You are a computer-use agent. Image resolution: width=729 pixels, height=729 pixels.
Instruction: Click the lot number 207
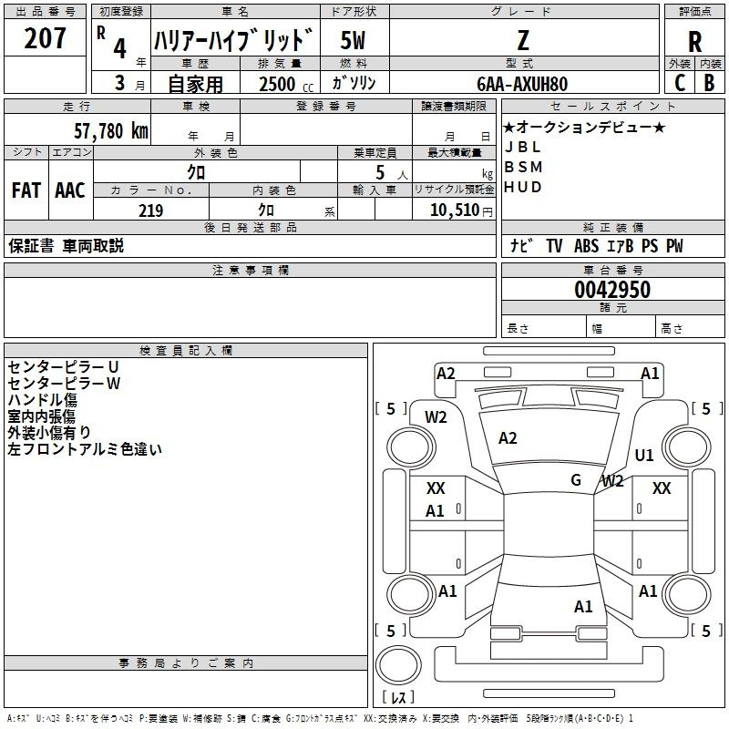click(46, 39)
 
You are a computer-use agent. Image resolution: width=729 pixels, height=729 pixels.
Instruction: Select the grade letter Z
click(523, 40)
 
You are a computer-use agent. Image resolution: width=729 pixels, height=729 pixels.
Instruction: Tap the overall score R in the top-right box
click(694, 41)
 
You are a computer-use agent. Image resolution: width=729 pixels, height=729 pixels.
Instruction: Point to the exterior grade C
click(680, 82)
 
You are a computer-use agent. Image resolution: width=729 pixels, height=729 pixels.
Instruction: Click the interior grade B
click(709, 82)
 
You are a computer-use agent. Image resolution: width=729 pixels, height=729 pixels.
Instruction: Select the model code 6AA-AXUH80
click(523, 83)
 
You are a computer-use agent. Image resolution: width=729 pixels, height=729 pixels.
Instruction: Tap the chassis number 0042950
click(611, 290)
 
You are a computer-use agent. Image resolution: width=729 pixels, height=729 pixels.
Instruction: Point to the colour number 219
click(150, 210)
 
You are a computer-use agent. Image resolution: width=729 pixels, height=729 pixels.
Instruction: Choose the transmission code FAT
click(26, 190)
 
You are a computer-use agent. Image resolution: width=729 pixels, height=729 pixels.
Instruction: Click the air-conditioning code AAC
click(70, 190)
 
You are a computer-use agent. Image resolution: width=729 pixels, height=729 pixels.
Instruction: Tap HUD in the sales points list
click(523, 187)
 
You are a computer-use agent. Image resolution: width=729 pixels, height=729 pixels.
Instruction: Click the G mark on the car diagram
click(576, 480)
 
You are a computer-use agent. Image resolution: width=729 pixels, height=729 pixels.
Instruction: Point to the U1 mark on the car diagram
click(644, 456)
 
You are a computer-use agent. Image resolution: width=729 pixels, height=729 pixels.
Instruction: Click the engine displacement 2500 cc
click(283, 84)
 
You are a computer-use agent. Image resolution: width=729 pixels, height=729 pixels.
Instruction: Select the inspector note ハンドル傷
click(42, 400)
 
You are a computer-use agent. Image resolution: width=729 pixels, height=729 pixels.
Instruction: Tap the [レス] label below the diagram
click(398, 698)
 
